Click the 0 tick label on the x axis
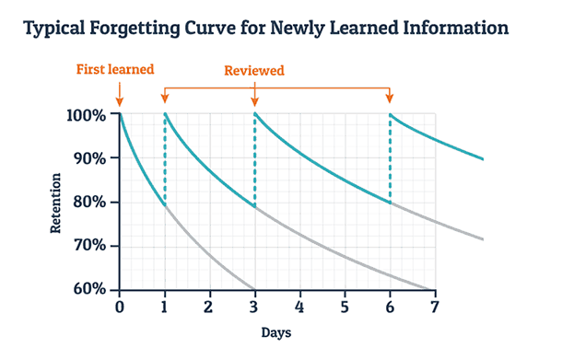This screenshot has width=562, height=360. tap(119, 306)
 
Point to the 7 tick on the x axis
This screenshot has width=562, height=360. tap(434, 306)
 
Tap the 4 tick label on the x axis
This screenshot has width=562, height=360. tap(299, 306)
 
